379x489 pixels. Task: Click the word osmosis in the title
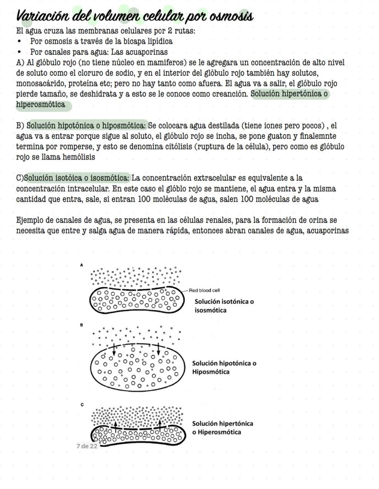tap(231, 17)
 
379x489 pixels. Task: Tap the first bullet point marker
tap(19, 41)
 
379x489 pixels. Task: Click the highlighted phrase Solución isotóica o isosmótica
tap(77, 178)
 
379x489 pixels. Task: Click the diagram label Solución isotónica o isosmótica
tap(224, 306)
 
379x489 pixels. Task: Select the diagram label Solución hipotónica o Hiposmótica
tap(224, 367)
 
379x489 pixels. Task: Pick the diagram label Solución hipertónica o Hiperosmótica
tap(222, 428)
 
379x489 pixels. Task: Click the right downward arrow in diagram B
tap(158, 349)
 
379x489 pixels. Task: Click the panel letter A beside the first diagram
tap(81, 265)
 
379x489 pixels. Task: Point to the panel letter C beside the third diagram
tap(81, 404)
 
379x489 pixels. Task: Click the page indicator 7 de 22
tap(87, 446)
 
